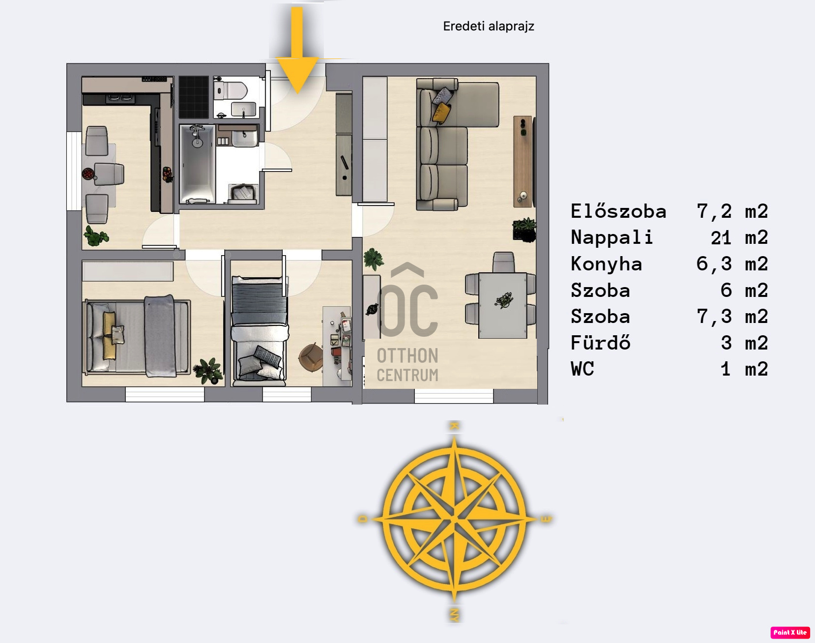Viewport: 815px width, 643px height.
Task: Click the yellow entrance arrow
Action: pos(297,49)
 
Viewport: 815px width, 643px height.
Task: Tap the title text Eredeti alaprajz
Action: pos(489,26)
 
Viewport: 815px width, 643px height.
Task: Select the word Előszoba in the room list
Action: pos(618,211)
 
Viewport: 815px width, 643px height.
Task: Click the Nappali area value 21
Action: pos(721,238)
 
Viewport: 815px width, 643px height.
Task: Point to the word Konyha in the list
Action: pos(606,264)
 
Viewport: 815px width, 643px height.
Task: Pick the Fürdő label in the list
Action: pos(600,343)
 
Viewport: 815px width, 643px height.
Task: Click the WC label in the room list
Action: pos(582,369)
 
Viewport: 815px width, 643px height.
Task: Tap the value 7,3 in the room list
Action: pos(714,317)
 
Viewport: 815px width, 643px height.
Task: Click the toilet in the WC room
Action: pos(231,90)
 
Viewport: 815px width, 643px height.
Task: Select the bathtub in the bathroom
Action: pos(197,164)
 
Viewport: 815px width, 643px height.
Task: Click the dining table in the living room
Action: pos(503,305)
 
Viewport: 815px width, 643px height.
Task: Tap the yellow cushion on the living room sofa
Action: pos(441,112)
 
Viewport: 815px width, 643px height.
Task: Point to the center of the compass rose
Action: pos(454,519)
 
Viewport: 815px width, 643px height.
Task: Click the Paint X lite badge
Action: pos(790,632)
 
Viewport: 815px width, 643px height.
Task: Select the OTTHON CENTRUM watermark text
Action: pos(407,365)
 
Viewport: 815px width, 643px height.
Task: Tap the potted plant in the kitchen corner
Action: pos(96,236)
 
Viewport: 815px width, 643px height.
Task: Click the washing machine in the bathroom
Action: pos(243,193)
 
